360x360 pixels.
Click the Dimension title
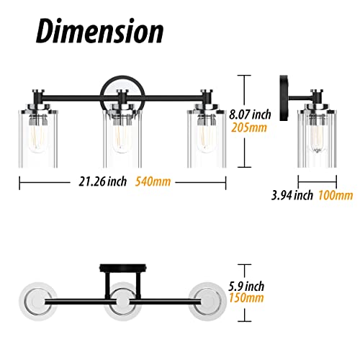click(x=100, y=31)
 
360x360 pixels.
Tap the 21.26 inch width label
click(x=102, y=181)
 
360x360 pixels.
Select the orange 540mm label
click(x=153, y=181)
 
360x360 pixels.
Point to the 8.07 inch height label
click(x=250, y=114)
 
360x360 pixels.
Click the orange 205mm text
click(x=249, y=127)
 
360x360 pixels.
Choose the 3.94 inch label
click(x=292, y=195)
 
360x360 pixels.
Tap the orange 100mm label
click(x=336, y=195)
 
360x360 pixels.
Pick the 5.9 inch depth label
click(x=246, y=286)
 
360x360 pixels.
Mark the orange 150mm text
click(x=246, y=298)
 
